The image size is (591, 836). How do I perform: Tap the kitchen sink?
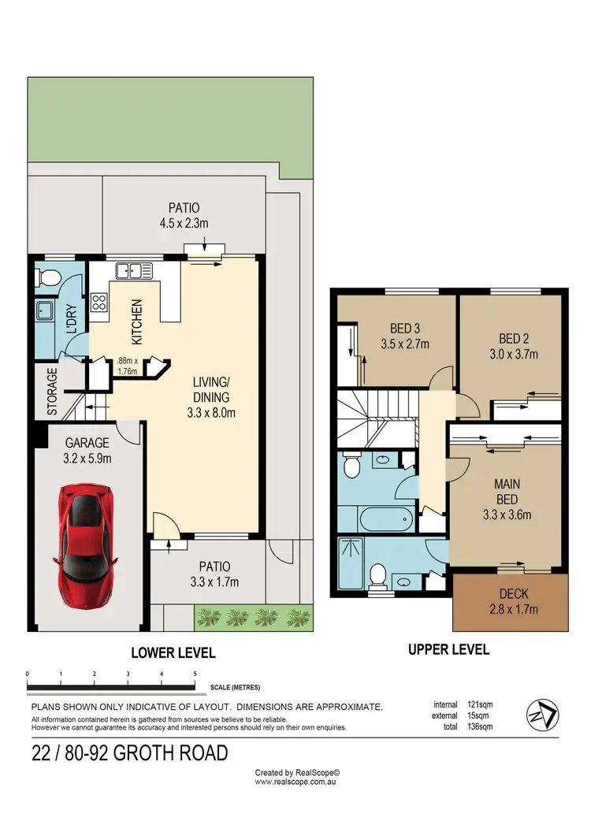point(134,271)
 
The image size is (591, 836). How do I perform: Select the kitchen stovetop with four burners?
point(99,303)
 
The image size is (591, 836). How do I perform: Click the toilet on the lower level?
point(47,277)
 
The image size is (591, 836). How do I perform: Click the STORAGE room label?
point(52,392)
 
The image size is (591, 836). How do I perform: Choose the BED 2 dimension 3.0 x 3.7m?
point(511,354)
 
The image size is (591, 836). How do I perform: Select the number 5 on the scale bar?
point(195,674)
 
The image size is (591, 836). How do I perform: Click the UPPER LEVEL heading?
point(448,649)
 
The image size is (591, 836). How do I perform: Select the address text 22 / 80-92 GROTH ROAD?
point(129,752)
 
